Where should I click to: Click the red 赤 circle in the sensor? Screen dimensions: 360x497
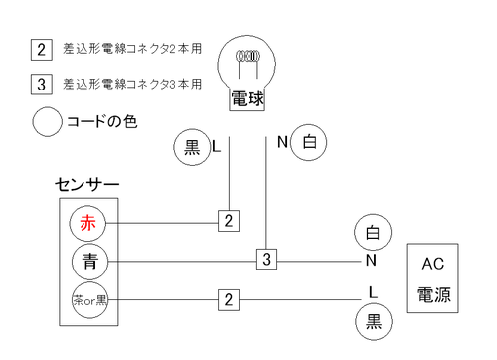(88, 222)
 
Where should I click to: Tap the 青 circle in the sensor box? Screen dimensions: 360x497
(88, 262)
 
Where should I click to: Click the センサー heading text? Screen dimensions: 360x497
(87, 185)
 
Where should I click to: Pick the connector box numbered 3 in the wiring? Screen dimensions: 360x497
(266, 260)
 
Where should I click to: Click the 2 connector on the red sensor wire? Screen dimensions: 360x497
(229, 221)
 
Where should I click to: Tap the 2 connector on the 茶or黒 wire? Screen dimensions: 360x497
(229, 298)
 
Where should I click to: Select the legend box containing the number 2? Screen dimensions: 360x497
(42, 49)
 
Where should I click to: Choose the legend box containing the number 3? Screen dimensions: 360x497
(42, 84)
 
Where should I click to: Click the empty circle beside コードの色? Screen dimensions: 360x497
(48, 122)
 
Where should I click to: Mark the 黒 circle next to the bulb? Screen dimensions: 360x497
(192, 147)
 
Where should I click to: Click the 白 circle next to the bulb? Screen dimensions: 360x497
(309, 143)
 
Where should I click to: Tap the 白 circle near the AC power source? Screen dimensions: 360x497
(372, 234)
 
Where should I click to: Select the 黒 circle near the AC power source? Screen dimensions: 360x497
(373, 321)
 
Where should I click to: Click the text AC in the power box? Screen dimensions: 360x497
(432, 264)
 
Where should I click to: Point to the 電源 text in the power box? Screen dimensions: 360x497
(432, 295)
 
